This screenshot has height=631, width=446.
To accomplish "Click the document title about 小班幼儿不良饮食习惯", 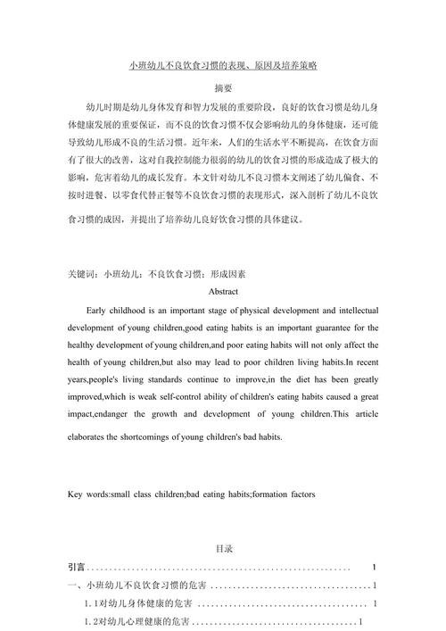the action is click(224, 66).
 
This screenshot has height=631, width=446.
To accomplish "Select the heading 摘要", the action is click(224, 88).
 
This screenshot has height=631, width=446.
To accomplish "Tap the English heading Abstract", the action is click(223, 291).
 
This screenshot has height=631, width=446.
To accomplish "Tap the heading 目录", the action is click(224, 549).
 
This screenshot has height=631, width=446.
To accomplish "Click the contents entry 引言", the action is click(77, 568).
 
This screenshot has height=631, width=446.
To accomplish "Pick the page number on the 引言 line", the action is click(374, 568).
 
